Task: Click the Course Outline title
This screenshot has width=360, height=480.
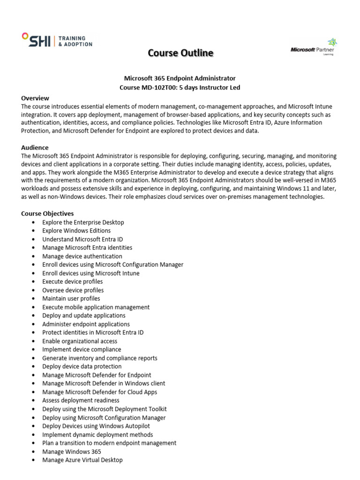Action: pos(180,53)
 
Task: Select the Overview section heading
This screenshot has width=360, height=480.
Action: pos(35,98)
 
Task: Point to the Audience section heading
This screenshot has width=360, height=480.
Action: pos(35,147)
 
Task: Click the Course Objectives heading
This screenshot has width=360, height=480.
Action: pos(47,213)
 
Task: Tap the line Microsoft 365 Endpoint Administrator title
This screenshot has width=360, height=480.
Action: pos(180,78)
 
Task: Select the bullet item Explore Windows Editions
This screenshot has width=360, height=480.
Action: pos(76,231)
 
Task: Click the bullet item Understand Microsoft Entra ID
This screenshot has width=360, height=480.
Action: pos(82,239)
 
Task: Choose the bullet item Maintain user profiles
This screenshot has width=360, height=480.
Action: pos(71,299)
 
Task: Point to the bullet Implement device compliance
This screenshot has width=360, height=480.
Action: pos(82,349)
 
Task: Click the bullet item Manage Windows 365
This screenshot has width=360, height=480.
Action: pos(71,451)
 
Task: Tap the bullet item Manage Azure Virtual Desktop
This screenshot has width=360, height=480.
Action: pos(82,460)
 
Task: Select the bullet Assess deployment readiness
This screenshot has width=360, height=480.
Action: pos(81,400)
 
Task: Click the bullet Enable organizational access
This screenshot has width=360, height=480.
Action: pos(80,341)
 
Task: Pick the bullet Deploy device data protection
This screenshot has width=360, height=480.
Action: pos(82,367)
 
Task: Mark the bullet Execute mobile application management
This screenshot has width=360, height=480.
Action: pos(96,307)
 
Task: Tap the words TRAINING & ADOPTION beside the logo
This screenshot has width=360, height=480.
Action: pos(75,41)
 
